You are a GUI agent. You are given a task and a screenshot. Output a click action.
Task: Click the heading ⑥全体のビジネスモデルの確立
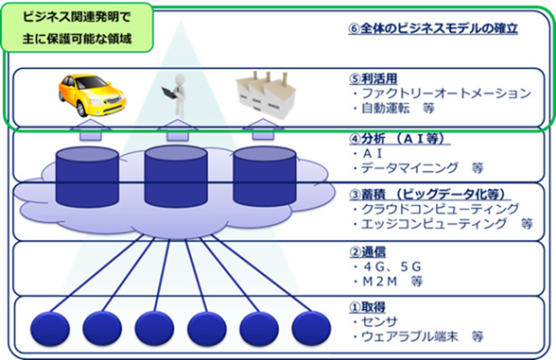tap(432, 29)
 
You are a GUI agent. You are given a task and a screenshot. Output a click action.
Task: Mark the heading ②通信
tap(365, 253)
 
